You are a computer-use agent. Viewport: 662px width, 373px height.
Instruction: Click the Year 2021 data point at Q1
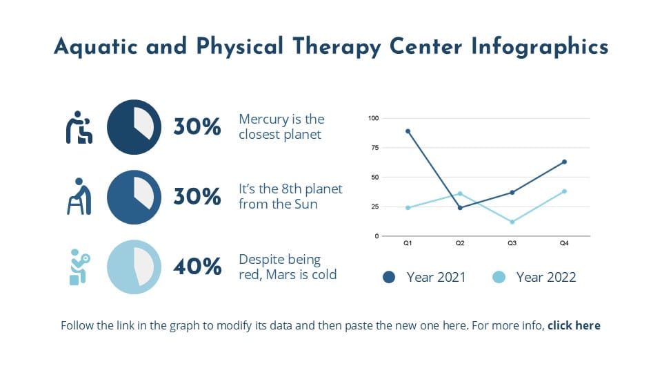[x=408, y=131]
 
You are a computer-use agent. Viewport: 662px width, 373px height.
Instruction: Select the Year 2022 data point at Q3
[x=512, y=222]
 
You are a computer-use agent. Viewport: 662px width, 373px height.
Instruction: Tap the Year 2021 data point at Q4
[x=564, y=162]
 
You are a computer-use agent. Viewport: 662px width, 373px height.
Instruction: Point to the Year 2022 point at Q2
[x=460, y=193]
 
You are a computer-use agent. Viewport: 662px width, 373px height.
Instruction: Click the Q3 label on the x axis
[x=512, y=244]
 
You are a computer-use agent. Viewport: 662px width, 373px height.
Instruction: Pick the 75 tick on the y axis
[x=373, y=148]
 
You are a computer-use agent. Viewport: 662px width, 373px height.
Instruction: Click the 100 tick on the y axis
[x=373, y=118]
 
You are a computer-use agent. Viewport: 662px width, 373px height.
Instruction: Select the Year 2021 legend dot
[x=389, y=277]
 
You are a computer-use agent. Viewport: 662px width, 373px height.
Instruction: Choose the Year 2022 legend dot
[x=499, y=277]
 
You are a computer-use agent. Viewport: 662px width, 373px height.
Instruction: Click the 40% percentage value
[x=197, y=267]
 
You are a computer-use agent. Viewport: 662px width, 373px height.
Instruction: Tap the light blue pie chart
[x=134, y=267]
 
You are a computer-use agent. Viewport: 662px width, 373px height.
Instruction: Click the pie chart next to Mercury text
[x=134, y=127]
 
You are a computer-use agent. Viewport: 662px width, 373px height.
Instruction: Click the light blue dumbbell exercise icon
[x=78, y=267]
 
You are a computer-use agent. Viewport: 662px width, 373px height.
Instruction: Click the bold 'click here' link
[x=574, y=325]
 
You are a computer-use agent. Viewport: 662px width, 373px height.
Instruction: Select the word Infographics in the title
[x=540, y=47]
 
